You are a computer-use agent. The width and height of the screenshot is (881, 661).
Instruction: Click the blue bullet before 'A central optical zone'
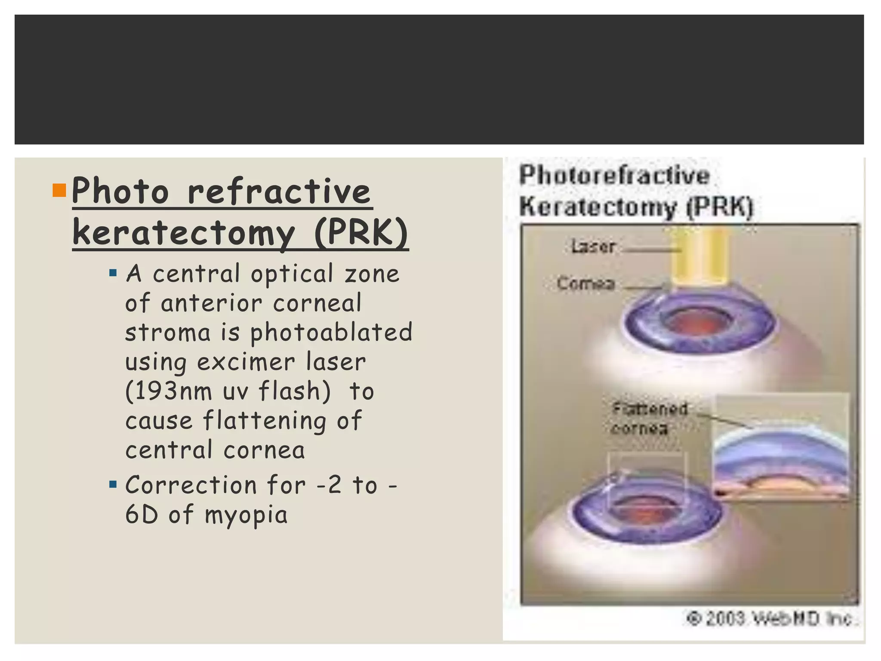pos(113,273)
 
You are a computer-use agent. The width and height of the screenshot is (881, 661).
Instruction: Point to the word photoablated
pos(331,333)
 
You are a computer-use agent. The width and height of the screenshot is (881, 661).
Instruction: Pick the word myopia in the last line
pos(246,515)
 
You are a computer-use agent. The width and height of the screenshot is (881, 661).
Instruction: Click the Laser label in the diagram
pos(593,247)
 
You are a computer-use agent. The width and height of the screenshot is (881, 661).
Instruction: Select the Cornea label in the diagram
pos(585,284)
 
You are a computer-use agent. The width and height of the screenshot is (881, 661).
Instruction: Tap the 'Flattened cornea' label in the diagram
pos(649,418)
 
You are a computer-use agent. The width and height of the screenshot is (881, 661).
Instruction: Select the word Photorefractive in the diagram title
pos(614,176)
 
